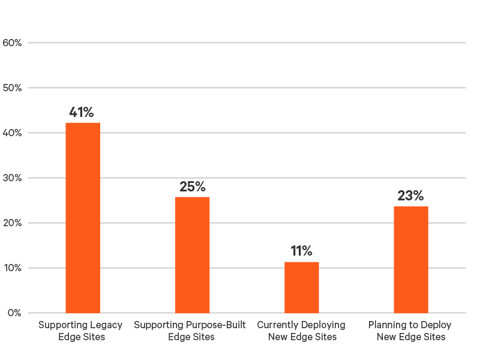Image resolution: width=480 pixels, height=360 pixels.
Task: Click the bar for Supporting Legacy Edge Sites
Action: point(83,217)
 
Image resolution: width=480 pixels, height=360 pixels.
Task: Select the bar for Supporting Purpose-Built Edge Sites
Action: point(193,254)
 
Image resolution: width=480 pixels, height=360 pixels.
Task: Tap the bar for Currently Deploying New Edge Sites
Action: point(302,287)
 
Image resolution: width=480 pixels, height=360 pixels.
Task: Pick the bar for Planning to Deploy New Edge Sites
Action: point(411,259)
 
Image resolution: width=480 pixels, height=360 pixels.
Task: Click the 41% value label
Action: point(82,112)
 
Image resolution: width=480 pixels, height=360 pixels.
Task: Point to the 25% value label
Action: point(193,187)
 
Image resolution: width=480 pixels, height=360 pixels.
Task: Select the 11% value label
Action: point(301,251)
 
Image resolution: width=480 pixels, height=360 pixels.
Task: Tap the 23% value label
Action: point(410,196)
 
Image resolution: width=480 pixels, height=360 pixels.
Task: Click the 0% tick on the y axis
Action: point(15,313)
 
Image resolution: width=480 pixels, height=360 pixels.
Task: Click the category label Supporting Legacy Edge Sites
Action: point(80,331)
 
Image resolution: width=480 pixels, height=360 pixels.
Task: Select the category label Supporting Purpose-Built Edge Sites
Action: point(190,331)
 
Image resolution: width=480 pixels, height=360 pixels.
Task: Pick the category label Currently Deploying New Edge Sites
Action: point(301,331)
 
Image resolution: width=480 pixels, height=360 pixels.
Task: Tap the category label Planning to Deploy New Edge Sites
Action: point(410,331)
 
